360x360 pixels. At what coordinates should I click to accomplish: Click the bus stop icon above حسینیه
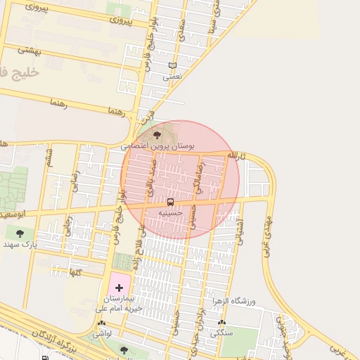tap(170, 202)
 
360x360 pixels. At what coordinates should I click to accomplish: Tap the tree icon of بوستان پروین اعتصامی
tap(156, 134)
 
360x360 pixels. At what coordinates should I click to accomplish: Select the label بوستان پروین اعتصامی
tap(158, 146)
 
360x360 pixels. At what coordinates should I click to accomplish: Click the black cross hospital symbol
tap(119, 288)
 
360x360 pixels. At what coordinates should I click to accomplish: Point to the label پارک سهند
tap(19, 244)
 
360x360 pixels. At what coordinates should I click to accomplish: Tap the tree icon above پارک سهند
tap(19, 233)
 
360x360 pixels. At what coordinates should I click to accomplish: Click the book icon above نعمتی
tap(172, 66)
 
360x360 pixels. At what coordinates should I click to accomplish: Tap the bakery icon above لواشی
tap(102, 323)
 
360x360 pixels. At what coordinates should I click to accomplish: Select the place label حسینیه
tap(170, 212)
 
